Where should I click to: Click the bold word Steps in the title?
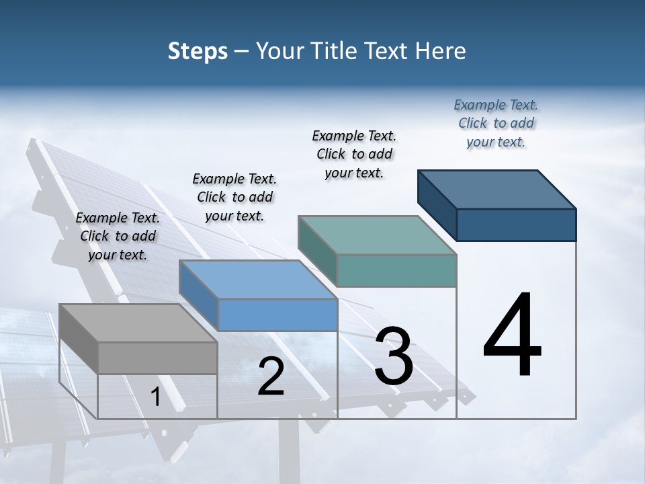click(197, 51)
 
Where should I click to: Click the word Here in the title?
click(439, 51)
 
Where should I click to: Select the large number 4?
click(512, 336)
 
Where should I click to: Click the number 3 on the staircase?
click(394, 356)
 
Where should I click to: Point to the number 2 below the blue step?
click(271, 377)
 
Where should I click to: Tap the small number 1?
click(155, 397)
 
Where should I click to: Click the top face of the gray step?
click(138, 323)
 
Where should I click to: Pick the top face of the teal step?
click(377, 235)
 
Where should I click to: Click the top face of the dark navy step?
click(497, 190)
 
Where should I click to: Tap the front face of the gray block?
click(157, 358)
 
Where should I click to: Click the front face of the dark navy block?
click(516, 225)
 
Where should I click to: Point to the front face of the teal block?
click(396, 270)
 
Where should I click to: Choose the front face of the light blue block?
click(277, 315)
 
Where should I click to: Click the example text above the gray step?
click(118, 236)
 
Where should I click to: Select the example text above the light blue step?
click(234, 197)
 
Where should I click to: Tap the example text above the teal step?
click(354, 154)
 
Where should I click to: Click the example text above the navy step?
click(496, 123)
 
